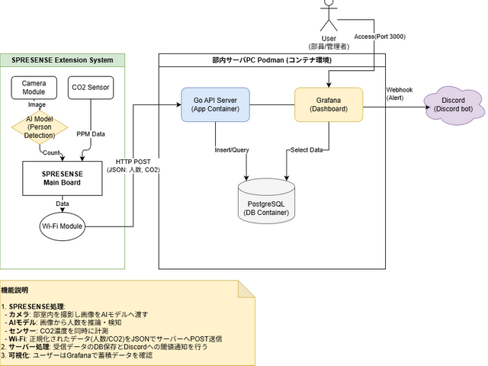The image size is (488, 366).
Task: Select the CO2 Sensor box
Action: pos(90,88)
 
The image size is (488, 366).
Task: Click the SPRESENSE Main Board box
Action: pos(62,178)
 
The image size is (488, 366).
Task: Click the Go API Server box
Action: pos(215,104)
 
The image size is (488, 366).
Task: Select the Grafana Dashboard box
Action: pos(328,104)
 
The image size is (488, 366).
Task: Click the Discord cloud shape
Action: pos(453,104)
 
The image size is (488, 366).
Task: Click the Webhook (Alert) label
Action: pos(400,93)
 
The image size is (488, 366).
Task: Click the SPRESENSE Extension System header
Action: pos(63,59)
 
